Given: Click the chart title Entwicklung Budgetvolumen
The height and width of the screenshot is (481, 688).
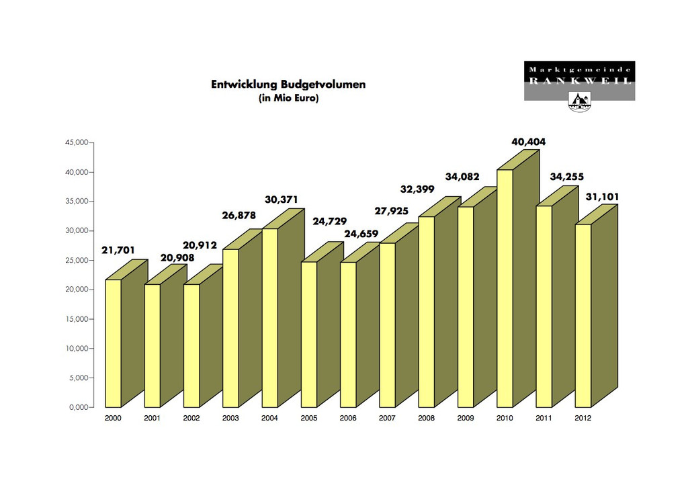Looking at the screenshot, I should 288,85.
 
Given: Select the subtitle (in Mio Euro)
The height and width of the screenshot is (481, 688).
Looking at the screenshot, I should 288,98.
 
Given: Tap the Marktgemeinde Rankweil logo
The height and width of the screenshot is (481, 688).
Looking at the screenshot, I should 579,81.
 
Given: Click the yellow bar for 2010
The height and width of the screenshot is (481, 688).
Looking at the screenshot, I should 505,289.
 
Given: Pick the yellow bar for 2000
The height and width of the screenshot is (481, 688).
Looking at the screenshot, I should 113,343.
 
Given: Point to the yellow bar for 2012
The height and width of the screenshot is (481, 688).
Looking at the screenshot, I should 583,316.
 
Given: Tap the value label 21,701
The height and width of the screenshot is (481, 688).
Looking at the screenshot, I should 118,251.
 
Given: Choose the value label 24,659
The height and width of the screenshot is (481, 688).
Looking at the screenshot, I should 361,234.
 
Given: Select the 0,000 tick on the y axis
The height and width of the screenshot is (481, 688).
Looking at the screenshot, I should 75,407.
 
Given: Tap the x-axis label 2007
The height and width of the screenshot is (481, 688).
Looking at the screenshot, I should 387,418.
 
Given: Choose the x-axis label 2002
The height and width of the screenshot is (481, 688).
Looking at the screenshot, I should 191,418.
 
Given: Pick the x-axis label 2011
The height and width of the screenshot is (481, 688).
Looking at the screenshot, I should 544,418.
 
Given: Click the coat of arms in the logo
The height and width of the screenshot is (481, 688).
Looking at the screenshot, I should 579,101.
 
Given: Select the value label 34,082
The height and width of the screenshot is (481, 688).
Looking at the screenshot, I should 462,177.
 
